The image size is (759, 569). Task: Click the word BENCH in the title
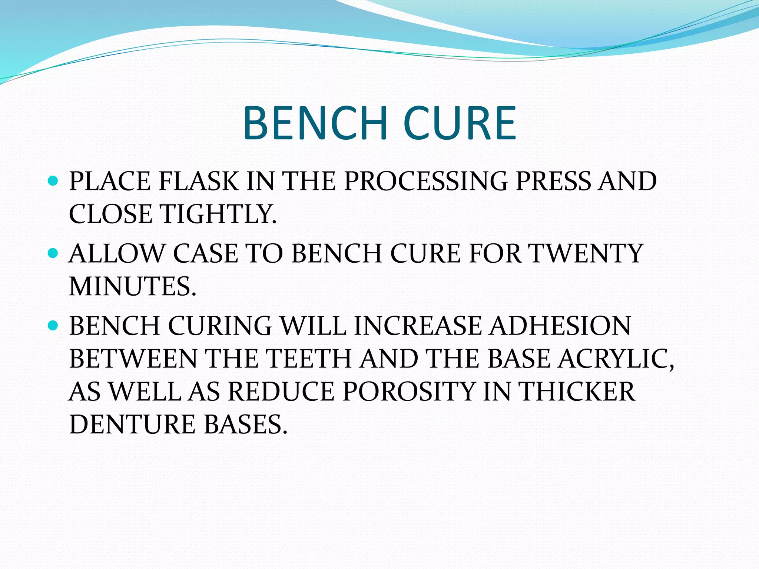(x=315, y=123)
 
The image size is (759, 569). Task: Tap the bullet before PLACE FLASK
(x=54, y=181)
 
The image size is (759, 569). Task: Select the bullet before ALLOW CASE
(x=54, y=253)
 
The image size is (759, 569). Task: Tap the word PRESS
(x=552, y=182)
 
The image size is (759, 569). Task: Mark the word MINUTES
(x=132, y=286)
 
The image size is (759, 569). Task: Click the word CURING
(x=220, y=326)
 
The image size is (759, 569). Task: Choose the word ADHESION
(x=560, y=326)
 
